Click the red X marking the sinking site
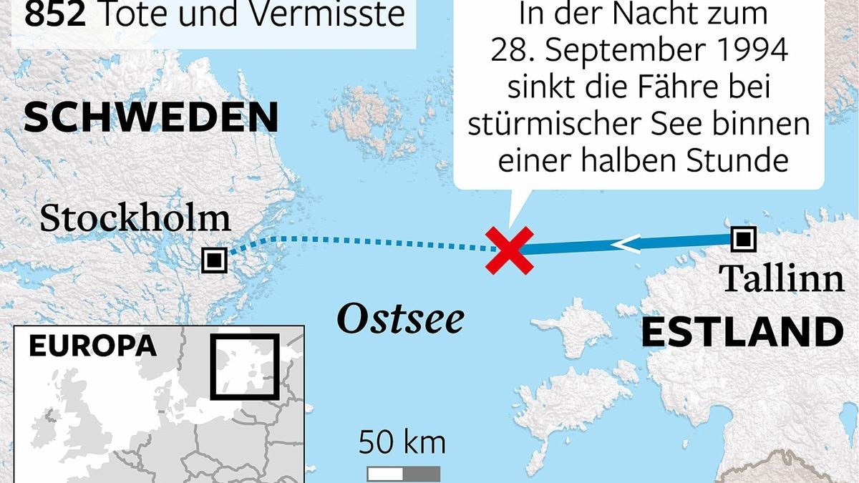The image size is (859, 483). (x=509, y=250)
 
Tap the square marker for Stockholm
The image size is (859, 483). (x=214, y=260)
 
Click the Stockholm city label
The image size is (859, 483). (x=135, y=218)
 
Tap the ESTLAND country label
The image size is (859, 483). (x=742, y=333)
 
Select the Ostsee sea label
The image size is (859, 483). (x=400, y=319)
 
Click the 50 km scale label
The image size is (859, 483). (x=402, y=442)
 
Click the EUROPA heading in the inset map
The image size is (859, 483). (x=92, y=346)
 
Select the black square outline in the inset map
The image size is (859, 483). (x=244, y=366)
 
